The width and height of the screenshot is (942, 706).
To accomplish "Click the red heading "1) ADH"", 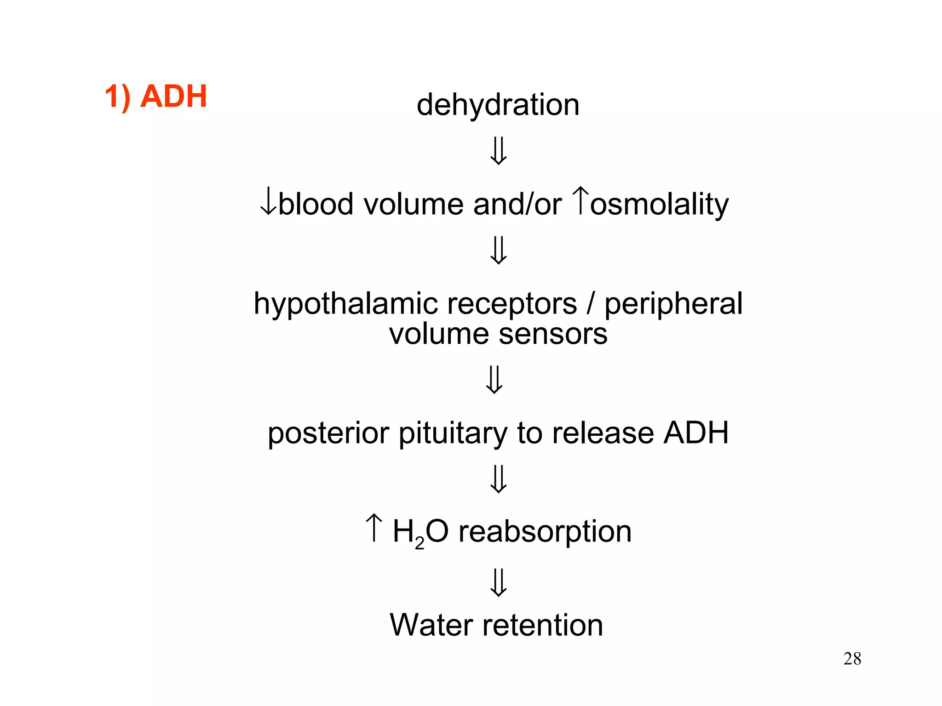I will tap(155, 97).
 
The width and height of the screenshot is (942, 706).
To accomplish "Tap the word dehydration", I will tap(498, 105).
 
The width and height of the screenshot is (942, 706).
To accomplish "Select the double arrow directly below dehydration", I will tap(499, 151).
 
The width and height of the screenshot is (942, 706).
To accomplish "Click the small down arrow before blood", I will tap(268, 204).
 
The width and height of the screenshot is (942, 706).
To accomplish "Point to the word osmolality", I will tap(659, 205).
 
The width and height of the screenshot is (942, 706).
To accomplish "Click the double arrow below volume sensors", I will tap(494, 379).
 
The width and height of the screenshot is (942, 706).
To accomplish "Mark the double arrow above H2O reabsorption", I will tap(499, 478).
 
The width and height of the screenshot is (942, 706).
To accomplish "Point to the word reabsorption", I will tap(545, 532).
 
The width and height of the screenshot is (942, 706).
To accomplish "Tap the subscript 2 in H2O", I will tap(419, 543).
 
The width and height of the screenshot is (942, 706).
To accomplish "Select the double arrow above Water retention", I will tap(499, 582).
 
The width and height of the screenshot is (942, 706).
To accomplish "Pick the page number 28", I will tap(852, 659).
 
